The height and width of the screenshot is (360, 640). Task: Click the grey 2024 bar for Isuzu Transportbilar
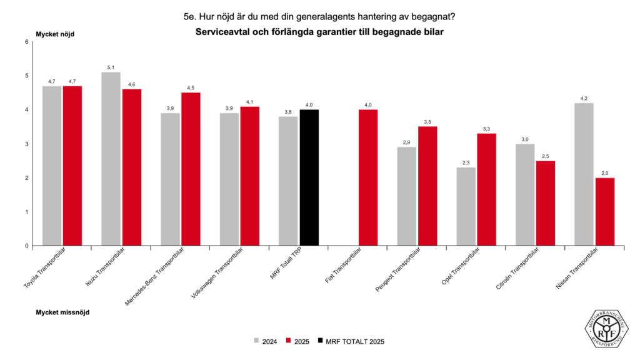pos(111,159)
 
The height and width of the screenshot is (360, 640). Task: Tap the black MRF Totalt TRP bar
pos(309,177)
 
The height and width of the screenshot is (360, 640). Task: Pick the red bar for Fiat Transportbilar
pos(368,177)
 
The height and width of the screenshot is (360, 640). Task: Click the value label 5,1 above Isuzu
pos(111,67)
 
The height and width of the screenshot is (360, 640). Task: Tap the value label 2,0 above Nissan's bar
pos(604,173)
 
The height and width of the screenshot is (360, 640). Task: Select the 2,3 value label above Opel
pos(466,162)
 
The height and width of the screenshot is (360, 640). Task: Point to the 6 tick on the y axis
pos(27,42)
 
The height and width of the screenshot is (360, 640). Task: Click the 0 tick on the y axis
pos(27,246)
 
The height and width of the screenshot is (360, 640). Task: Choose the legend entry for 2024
pos(266,341)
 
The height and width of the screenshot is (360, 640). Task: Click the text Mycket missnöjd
pos(62,312)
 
